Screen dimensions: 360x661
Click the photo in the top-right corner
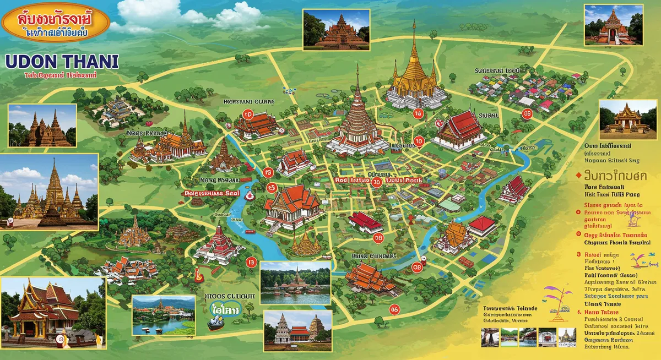tap(614, 25)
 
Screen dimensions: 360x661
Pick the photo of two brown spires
tap(42, 126)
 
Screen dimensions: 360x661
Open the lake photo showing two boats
tap(164, 315)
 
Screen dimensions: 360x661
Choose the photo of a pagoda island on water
tap(295, 283)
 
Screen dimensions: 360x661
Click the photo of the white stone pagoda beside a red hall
tap(298, 331)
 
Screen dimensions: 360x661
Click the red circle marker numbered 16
tap(417, 114)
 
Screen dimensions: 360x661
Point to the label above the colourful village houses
tap(497, 71)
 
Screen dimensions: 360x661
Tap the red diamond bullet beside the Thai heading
tap(578, 176)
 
